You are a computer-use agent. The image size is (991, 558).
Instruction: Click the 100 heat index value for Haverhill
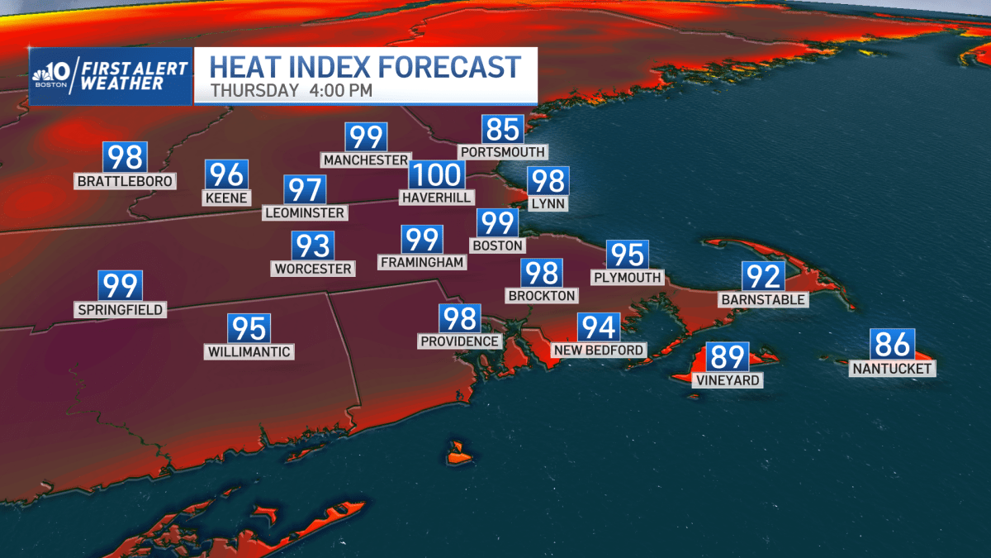coord(436,175)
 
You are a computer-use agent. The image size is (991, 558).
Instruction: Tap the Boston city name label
coord(497,246)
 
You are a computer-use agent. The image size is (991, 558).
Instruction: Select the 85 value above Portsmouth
coord(503,130)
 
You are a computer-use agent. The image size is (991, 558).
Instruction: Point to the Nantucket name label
coord(893,369)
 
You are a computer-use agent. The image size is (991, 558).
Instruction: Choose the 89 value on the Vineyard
coord(728,357)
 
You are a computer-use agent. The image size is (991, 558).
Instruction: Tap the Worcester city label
coord(313,269)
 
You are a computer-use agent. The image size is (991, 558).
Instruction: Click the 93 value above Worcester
coord(313,246)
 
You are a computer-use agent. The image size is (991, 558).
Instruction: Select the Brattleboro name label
coord(125,181)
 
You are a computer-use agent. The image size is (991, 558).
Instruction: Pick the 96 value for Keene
coord(226,174)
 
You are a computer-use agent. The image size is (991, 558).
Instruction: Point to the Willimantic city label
coord(249,352)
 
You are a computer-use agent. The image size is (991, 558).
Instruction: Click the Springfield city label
coord(121,310)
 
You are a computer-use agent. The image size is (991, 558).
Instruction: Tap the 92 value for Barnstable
coord(762,276)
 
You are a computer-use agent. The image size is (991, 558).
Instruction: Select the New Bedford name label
coord(599,351)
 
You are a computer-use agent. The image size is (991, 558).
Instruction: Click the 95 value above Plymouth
coord(627,255)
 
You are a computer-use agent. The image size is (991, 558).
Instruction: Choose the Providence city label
coord(460,341)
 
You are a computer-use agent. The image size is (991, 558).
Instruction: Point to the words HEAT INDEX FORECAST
coord(365,66)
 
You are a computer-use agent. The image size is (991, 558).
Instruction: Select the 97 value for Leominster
coord(305,190)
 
